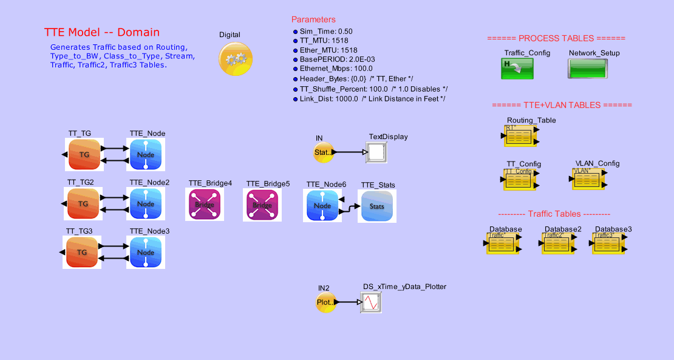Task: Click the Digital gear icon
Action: click(x=235, y=59)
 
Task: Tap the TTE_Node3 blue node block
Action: click(x=146, y=253)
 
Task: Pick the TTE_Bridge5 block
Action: click(x=262, y=205)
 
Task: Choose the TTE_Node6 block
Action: click(x=322, y=205)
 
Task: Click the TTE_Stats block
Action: click(x=376, y=206)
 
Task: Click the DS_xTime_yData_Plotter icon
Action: click(x=371, y=302)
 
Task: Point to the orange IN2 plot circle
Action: click(x=325, y=302)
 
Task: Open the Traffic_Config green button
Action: click(x=517, y=69)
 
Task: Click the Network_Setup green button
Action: click(x=585, y=69)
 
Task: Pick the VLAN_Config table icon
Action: click(x=588, y=180)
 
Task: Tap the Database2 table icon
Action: click(x=557, y=245)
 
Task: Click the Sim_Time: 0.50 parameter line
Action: click(x=326, y=31)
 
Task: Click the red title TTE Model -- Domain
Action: click(x=102, y=32)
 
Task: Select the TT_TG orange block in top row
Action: click(x=84, y=155)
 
